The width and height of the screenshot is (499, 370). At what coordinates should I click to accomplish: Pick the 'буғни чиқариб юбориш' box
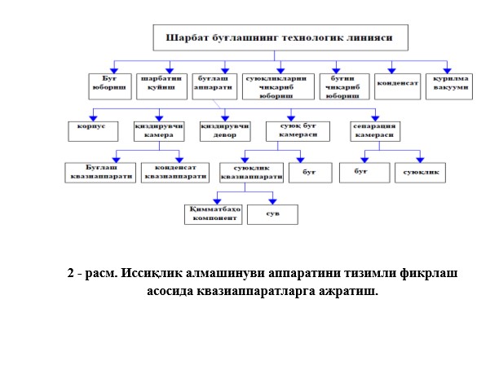tap(345, 85)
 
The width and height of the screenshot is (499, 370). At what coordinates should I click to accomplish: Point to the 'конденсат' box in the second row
tap(399, 83)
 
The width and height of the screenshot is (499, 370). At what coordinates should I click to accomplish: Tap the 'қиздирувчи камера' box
tap(160, 131)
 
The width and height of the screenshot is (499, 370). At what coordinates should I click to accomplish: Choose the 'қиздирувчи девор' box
tap(224, 131)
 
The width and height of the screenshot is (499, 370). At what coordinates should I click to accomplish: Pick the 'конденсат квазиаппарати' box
tap(173, 172)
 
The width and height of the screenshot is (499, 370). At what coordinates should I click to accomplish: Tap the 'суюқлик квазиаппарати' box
tap(249, 172)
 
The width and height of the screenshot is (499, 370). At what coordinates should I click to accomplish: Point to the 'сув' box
tap(272, 214)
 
